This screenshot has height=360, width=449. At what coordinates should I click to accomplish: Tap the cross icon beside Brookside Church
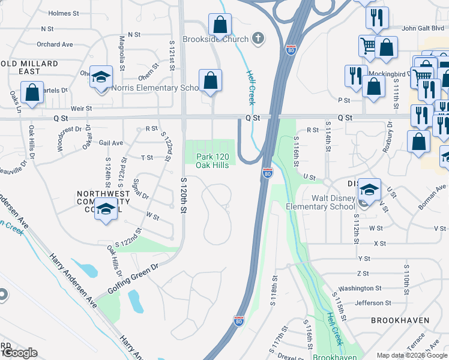(258, 39)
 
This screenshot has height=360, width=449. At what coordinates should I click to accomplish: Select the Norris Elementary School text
(155, 88)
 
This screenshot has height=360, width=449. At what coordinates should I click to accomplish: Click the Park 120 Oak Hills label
(212, 161)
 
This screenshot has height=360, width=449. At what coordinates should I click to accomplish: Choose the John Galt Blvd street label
(425, 28)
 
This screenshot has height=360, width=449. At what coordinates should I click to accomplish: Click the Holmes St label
(64, 13)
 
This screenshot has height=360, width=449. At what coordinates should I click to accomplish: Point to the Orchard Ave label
(55, 44)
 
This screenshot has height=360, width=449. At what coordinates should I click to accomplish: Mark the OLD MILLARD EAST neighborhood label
(29, 67)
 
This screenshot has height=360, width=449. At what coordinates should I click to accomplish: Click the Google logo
(20, 353)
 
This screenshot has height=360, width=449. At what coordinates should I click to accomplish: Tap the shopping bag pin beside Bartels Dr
(31, 93)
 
